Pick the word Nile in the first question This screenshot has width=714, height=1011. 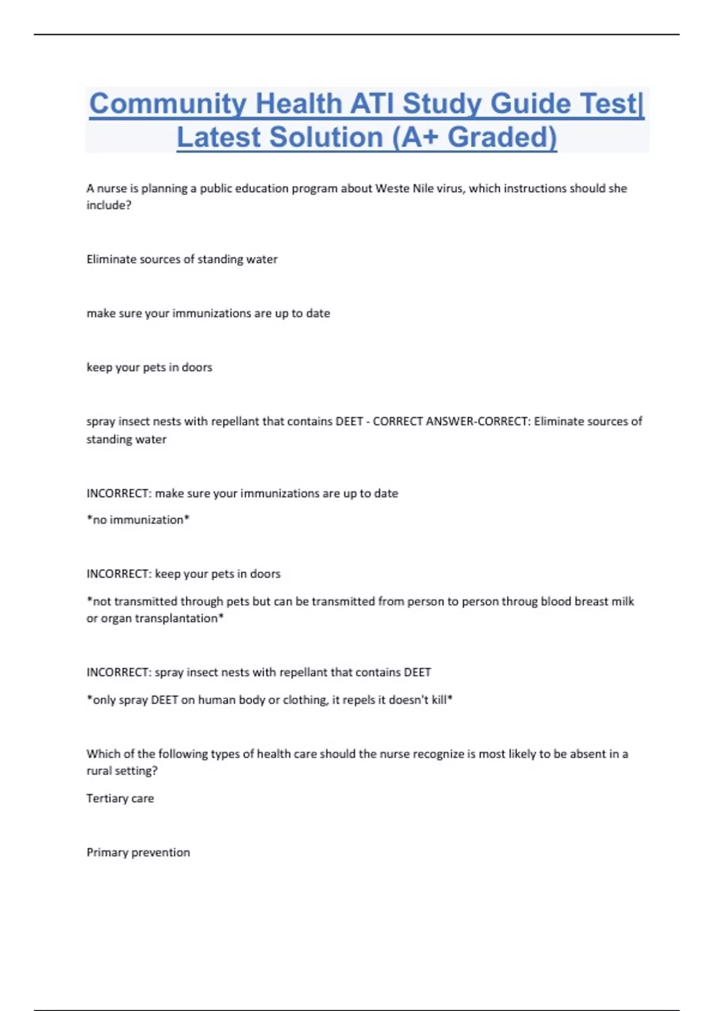(x=423, y=189)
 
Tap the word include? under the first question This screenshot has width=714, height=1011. (x=109, y=205)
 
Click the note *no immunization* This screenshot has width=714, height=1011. (x=138, y=520)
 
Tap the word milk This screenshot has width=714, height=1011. (x=623, y=601)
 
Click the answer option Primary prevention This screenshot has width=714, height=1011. (x=138, y=853)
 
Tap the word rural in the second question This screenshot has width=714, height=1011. (x=99, y=771)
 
